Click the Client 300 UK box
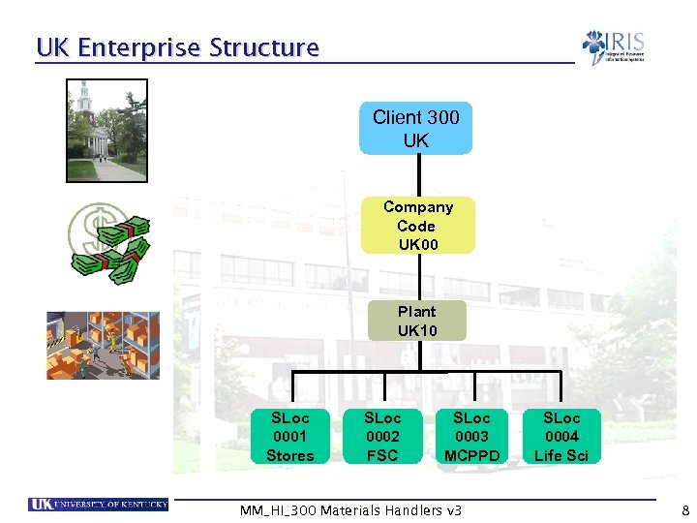[416, 129]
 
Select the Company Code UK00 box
[417, 226]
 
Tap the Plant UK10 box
[417, 322]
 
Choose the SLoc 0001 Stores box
[290, 437]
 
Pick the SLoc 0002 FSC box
[382, 437]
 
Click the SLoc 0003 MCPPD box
[472, 437]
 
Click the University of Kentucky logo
[99, 504]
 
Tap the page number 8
[685, 510]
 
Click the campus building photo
[107, 130]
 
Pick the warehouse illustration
[104, 345]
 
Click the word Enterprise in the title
[140, 47]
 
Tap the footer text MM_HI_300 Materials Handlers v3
[349, 510]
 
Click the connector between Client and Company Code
[417, 176]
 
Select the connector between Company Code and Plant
[417, 277]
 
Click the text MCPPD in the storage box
[472, 455]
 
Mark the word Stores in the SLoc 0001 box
[290, 455]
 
